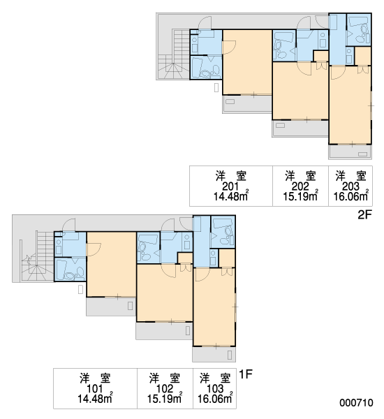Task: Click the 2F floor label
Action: coord(364,214)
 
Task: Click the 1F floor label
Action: coord(246,374)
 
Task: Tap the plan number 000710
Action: coord(356,402)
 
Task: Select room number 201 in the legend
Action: coord(230,186)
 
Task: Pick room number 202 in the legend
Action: coord(300,186)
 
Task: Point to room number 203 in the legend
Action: coord(350,186)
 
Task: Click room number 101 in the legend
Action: coord(95,388)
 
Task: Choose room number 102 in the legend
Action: coord(165,388)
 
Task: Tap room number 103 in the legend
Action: coord(215,388)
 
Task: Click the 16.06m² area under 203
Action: coord(351,196)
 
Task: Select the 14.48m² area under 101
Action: coord(95,398)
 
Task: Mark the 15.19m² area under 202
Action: coord(300,196)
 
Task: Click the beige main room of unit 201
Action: coord(247,62)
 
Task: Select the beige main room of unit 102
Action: coord(165,293)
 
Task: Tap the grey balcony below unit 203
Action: coord(350,152)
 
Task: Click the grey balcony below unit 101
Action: coord(111,307)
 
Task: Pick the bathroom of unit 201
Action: coord(206,67)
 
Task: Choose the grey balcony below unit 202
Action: coord(300,128)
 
